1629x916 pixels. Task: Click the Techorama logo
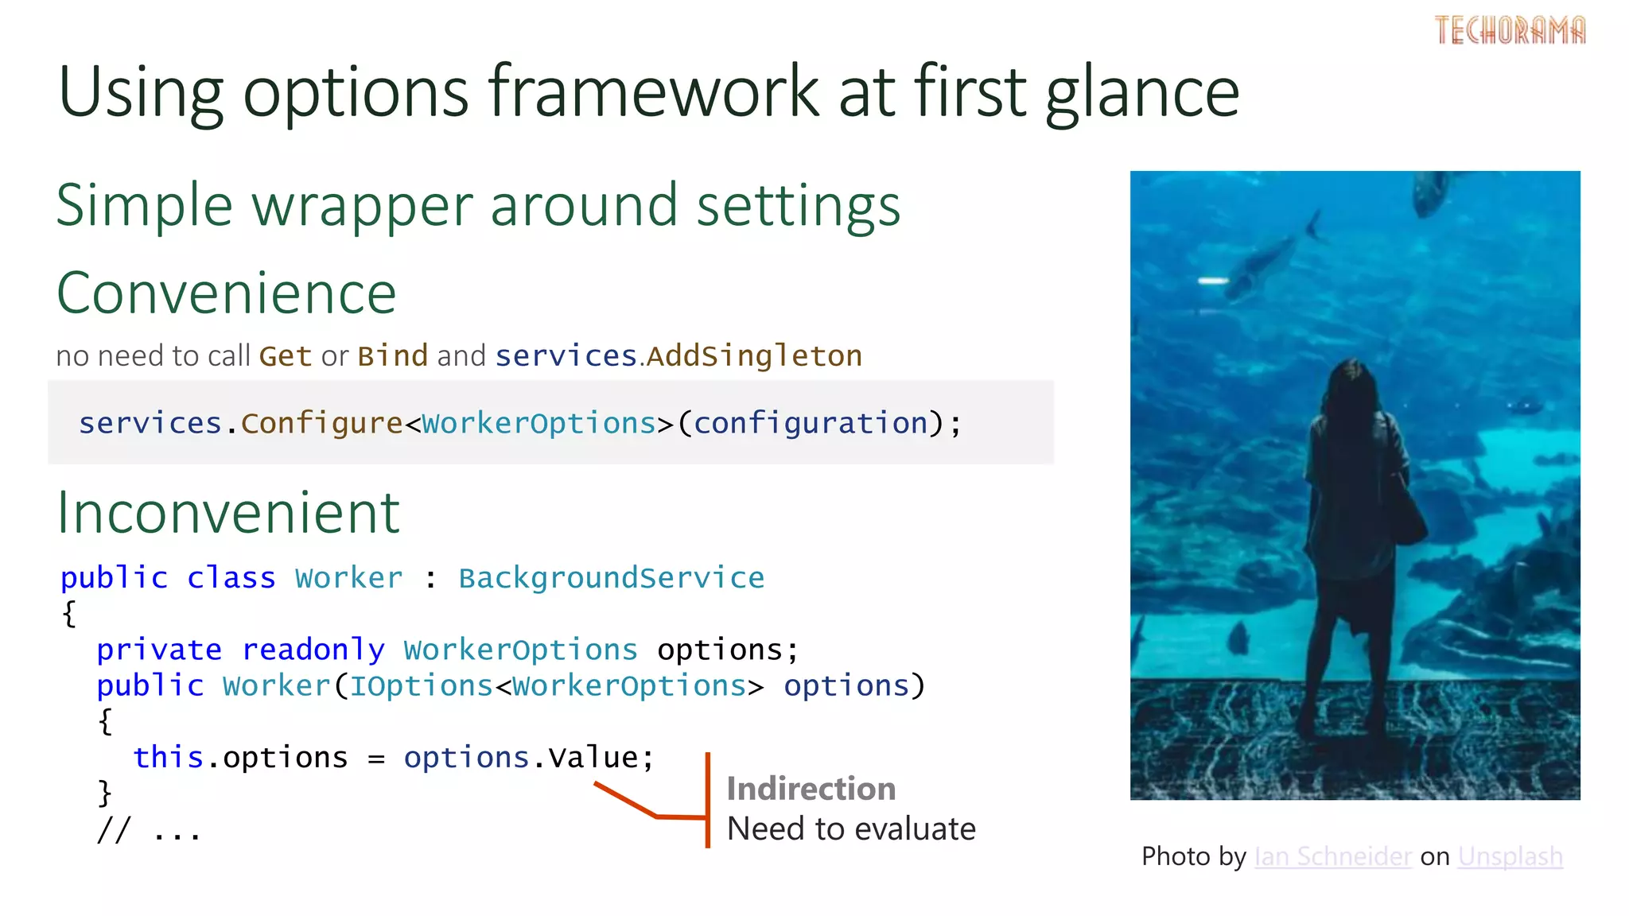(1510, 30)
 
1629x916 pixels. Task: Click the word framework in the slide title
(653, 92)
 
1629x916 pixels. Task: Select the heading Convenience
(227, 293)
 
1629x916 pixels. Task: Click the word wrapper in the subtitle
(362, 206)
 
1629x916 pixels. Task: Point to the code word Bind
(393, 355)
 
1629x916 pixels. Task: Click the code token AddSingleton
(754, 355)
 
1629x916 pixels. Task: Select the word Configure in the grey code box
(321, 423)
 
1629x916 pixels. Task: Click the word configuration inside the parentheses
(811, 423)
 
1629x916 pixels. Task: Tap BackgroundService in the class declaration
(611, 578)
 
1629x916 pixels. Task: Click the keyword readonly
(313, 650)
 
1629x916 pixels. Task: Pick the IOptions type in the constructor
(421, 685)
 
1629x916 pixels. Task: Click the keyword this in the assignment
(168, 757)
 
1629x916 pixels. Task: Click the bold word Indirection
(811, 789)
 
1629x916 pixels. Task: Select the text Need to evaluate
(850, 829)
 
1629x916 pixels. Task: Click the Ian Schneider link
(1332, 856)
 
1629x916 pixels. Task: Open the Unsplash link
(1510, 856)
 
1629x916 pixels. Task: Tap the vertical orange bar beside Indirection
(707, 799)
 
